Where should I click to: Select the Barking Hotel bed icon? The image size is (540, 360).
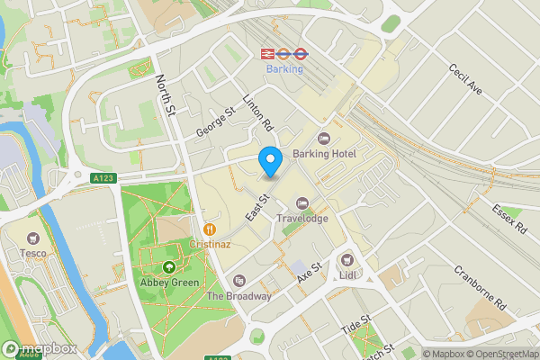pos(324,138)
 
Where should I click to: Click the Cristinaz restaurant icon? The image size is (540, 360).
pos(210,229)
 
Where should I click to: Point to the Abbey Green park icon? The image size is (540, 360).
pos(169,266)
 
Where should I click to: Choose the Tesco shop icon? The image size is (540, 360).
pos(34,238)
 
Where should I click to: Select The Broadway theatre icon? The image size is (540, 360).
pos(238,281)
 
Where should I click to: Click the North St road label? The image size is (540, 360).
pos(166,95)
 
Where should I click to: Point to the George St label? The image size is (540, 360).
pos(216,122)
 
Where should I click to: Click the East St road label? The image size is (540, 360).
pos(259,210)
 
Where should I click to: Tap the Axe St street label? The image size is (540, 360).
pos(309,273)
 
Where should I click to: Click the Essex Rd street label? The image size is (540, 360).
pos(508,216)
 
